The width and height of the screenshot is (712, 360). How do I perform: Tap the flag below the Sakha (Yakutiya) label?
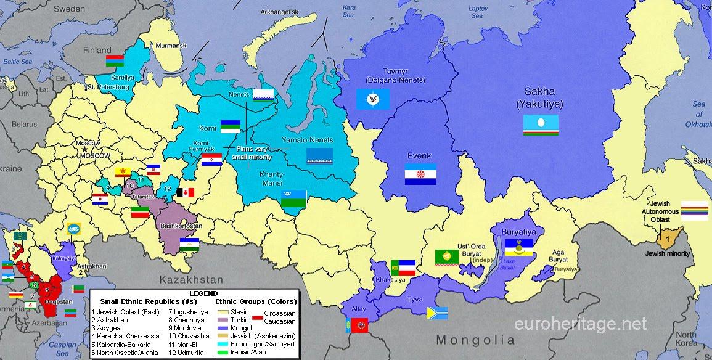[x=541, y=125]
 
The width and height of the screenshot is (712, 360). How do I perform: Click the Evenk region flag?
[x=420, y=174]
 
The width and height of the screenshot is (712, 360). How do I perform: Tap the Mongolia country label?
[x=475, y=340]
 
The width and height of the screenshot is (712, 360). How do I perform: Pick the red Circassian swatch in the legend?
[x=257, y=316]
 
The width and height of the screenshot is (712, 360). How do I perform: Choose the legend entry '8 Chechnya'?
[x=184, y=319]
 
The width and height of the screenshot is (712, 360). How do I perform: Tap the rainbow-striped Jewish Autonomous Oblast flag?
[x=694, y=210]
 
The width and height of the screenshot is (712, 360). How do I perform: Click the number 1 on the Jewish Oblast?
[x=667, y=239]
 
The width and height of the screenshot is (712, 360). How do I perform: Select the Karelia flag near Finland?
[x=115, y=60]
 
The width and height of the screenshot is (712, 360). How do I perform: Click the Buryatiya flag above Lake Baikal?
[x=518, y=247]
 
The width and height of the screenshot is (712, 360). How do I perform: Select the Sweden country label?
[x=69, y=9]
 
